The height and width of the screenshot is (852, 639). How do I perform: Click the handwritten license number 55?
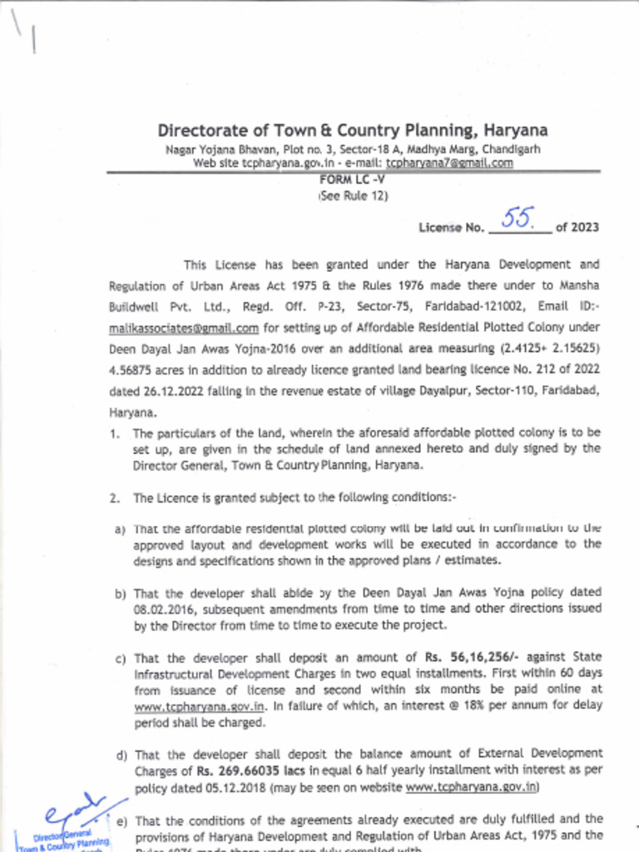[519, 218]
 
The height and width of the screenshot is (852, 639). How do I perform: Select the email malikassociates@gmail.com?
[184, 329]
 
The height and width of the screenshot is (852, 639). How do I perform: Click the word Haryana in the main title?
[516, 131]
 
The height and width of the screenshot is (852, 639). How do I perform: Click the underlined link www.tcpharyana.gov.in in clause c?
[200, 706]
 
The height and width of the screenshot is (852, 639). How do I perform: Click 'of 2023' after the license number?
[577, 227]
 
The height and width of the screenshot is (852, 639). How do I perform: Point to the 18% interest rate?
[415, 706]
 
